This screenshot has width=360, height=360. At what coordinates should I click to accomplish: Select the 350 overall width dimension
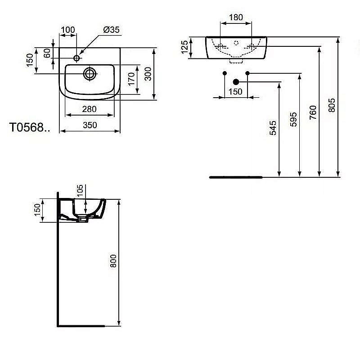[90, 126]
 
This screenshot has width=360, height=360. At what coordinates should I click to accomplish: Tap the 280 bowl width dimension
[90, 109]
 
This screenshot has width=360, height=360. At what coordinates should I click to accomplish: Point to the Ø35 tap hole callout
[111, 30]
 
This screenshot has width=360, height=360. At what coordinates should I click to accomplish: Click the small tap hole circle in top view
[76, 58]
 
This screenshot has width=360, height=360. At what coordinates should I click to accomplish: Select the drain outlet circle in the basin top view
[90, 73]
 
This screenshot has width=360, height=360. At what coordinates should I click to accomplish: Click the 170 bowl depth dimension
[131, 80]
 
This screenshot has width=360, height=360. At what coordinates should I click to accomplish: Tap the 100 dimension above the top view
[67, 30]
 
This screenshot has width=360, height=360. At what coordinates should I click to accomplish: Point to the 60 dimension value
[47, 53]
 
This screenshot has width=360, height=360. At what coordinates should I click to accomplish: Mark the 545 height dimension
[274, 128]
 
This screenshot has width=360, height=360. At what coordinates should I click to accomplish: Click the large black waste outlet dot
[235, 82]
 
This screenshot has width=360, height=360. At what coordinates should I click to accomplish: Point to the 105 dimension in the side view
[80, 190]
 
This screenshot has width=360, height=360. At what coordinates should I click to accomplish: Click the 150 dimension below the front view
[235, 92]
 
